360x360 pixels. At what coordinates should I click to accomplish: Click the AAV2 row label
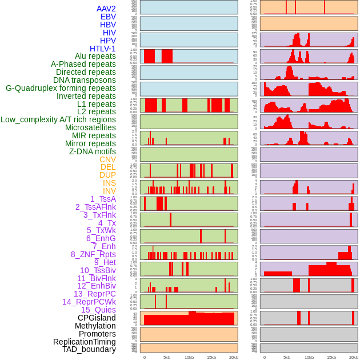106,9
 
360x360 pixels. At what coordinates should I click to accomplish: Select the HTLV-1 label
102,49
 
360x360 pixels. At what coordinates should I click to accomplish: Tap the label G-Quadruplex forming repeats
61,88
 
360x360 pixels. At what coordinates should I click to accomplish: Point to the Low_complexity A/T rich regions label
58,119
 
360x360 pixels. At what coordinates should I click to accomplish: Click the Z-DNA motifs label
92,151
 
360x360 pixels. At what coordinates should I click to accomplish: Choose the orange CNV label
107,159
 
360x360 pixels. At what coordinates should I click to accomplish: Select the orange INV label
109,191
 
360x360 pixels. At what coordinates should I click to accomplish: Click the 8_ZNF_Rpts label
93,254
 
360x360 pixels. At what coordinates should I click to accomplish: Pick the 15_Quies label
98,310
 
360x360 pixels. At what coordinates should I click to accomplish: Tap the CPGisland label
97,318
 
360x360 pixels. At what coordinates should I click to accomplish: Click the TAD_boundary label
89,349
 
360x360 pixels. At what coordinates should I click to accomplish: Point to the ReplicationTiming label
84,342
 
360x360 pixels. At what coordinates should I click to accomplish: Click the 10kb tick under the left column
189,357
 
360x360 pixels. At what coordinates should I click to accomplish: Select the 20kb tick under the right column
353,357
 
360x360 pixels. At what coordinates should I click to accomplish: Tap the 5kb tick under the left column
167,357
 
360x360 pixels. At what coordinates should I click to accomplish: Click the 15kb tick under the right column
331,357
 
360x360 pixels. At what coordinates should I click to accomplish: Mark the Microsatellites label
90,127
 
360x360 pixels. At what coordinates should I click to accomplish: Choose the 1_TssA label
103,199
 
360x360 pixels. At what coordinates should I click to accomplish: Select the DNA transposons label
85,80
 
